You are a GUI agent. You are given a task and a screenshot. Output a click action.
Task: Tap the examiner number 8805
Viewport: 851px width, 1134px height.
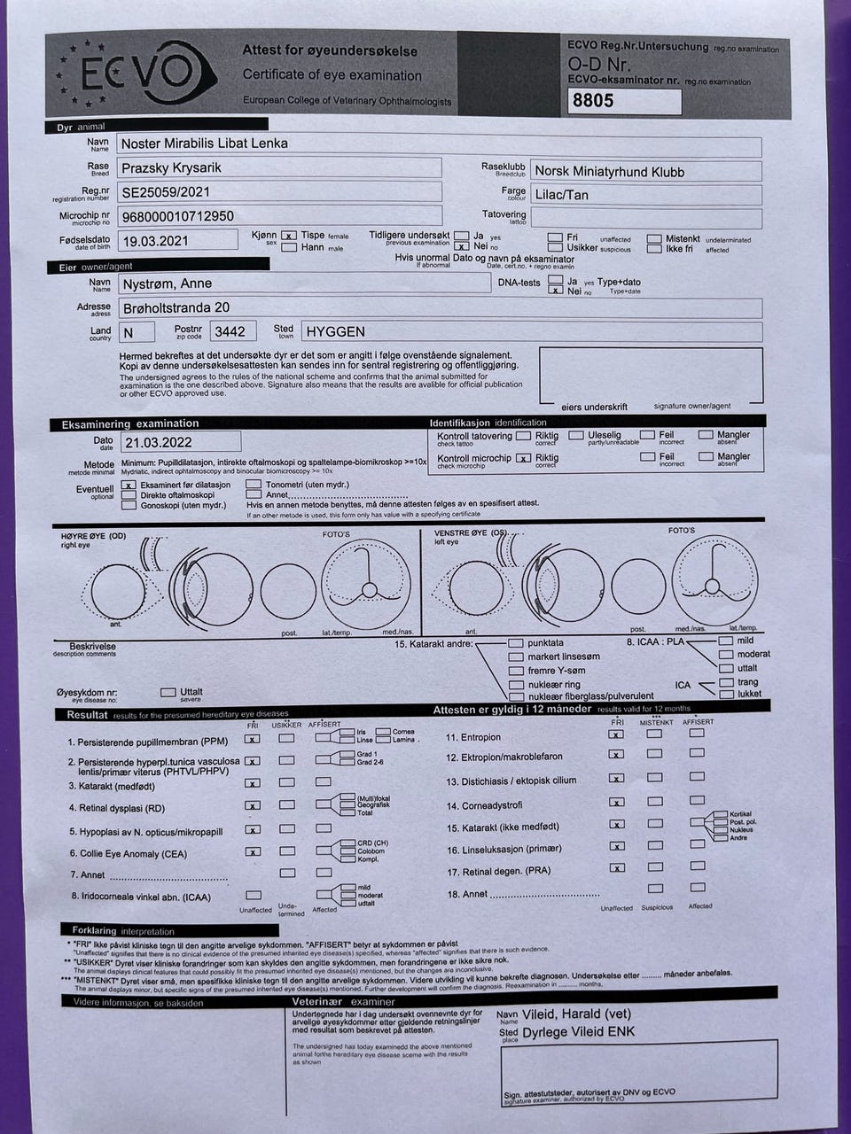[x=593, y=101]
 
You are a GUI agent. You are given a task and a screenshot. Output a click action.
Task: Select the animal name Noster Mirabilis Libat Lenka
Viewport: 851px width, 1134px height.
[x=204, y=144]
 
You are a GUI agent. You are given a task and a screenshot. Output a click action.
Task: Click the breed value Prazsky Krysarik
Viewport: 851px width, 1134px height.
[x=171, y=167]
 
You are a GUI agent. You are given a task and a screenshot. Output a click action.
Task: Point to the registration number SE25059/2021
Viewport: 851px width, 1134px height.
[x=166, y=191]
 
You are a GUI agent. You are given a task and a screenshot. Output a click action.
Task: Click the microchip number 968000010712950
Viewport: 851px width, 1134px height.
[x=178, y=216]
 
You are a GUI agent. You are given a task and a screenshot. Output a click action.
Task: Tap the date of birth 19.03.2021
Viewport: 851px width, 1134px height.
[x=156, y=241]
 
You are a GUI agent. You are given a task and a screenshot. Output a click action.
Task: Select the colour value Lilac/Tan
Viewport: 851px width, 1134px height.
[x=561, y=195]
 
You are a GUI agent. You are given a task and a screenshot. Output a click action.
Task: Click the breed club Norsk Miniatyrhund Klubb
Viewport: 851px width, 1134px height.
[x=608, y=172]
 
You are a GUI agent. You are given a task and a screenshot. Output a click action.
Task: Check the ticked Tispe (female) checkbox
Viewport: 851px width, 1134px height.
[x=288, y=236]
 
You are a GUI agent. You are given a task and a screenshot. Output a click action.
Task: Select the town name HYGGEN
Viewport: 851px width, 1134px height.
[x=335, y=331]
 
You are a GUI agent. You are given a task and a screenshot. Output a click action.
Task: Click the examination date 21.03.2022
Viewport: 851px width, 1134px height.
[x=159, y=442]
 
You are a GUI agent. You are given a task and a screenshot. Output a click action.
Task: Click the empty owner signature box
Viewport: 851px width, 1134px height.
[x=650, y=374]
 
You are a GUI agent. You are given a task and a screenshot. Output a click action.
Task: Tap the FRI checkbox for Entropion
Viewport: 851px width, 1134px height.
[x=616, y=734]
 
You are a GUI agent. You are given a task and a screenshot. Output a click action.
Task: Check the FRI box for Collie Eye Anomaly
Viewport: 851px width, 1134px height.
[x=253, y=852]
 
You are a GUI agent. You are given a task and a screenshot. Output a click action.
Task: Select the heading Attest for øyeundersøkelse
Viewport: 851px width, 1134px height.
[x=330, y=50]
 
